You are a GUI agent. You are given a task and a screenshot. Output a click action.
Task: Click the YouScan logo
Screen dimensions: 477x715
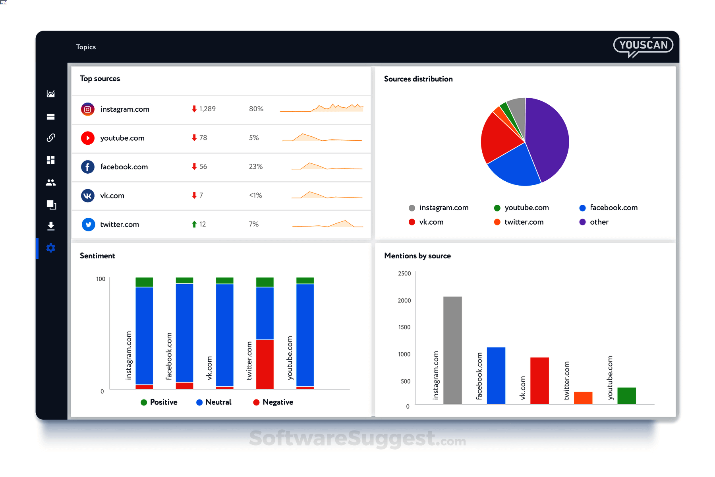pos(643,46)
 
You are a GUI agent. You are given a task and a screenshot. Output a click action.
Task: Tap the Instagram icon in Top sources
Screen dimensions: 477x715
pos(88,109)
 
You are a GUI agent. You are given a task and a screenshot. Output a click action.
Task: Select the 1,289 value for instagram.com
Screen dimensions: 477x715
pos(207,109)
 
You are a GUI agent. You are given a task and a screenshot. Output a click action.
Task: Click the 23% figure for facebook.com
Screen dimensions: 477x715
pos(256,167)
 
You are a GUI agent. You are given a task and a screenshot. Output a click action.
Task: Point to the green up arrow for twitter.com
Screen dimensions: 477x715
pos(194,224)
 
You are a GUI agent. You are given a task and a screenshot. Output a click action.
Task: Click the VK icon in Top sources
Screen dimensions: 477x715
pos(88,196)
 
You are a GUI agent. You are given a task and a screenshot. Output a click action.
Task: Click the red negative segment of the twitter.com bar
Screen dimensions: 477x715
pos(265,364)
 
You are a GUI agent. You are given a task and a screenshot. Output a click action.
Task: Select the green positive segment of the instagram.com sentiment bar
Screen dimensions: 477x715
pos(144,282)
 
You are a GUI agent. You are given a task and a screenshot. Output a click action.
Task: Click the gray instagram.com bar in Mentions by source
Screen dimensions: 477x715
pos(452,350)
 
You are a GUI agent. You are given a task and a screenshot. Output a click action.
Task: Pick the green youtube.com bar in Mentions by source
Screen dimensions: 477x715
pos(626,396)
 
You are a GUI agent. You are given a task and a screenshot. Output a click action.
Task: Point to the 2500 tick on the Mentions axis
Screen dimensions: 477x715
pos(404,273)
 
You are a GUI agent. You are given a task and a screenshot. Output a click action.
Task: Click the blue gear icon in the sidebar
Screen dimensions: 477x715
pos(51,248)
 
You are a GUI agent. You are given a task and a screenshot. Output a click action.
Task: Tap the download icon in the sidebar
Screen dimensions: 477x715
pos(51,226)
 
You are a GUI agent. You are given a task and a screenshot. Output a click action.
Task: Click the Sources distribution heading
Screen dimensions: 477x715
pos(418,79)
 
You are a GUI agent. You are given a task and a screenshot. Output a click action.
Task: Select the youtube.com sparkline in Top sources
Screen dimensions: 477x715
pos(322,138)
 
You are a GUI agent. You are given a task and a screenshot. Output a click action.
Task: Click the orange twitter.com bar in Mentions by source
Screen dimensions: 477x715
pos(583,398)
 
